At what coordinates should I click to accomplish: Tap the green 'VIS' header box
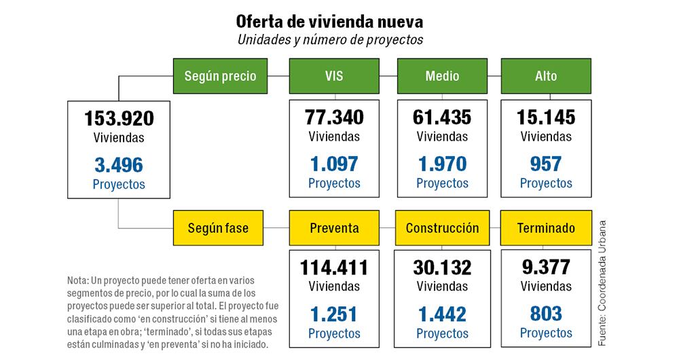tap(334, 76)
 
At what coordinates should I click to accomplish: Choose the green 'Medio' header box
tap(442, 76)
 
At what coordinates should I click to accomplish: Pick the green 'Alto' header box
tap(546, 76)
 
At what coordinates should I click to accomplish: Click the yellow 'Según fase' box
tap(219, 228)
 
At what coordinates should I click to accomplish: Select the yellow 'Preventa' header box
tap(334, 228)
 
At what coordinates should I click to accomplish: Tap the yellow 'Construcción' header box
tap(442, 228)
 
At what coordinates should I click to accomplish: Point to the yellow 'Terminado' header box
tap(546, 228)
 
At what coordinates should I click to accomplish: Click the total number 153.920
tap(119, 118)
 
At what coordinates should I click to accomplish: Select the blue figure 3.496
tap(119, 164)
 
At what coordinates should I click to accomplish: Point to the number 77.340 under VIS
tap(334, 117)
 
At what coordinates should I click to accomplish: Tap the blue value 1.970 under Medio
tap(442, 164)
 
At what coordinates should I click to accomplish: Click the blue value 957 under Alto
tap(546, 164)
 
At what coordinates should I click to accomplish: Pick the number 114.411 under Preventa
tap(334, 268)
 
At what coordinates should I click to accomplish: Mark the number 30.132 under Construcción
tap(442, 268)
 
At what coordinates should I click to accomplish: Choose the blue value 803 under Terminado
tap(546, 314)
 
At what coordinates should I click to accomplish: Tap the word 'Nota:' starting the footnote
tap(77, 281)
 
